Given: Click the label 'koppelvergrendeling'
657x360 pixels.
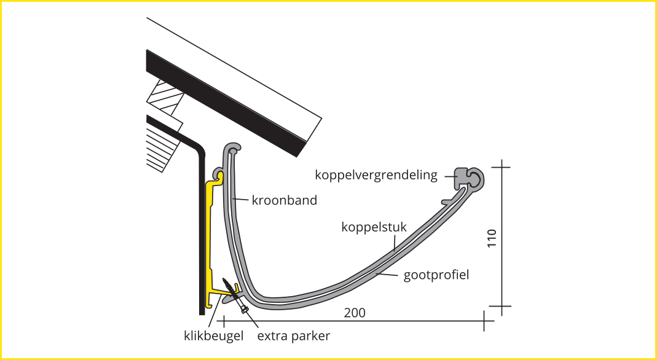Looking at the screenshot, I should click(376, 175).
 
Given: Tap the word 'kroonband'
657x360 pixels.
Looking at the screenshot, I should click(285, 200).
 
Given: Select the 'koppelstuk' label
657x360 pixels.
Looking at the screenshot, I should click(374, 227).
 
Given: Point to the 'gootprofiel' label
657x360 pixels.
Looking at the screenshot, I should click(436, 275).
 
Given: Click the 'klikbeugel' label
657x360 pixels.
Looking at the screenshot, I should click(214, 335).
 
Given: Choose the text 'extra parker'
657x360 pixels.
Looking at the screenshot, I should click(294, 335).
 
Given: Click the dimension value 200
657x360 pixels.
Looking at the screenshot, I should click(355, 313).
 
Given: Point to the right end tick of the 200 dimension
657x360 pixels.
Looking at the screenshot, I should click(484, 320).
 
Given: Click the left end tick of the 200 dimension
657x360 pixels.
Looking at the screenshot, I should click(224, 320).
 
